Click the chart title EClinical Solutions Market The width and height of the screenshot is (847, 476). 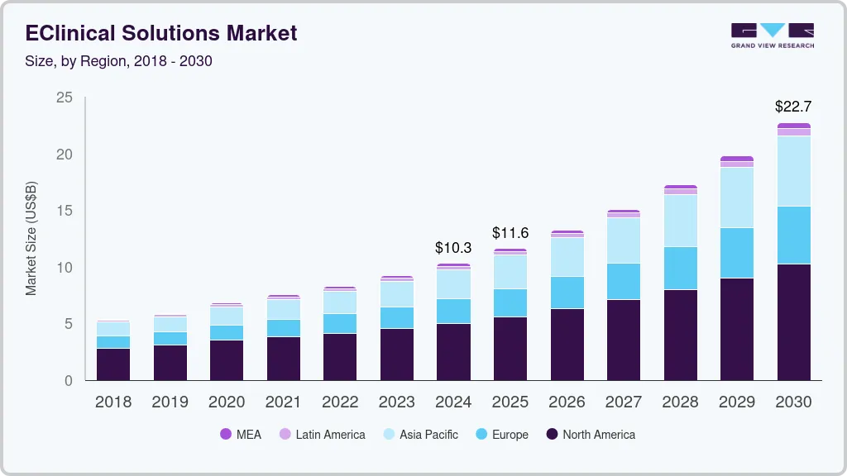pos(161,34)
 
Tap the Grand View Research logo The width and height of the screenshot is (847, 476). pos(773,36)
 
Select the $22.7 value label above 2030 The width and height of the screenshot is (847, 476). pos(793,107)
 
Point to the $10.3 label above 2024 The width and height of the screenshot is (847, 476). pos(453,247)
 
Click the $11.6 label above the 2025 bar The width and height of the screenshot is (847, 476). pos(510,233)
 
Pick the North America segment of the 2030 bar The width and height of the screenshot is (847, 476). pos(793,322)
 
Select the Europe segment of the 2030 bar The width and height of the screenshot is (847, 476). pos(793,235)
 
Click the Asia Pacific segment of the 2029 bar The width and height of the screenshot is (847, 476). pos(736,198)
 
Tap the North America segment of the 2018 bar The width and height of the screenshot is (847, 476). pos(113,364)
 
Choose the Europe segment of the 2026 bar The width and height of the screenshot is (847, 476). pos(567,293)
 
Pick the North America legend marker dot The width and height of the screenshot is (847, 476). pos(552,435)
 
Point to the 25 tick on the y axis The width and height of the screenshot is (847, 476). pos(65,98)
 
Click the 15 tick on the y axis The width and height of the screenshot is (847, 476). pos(65,212)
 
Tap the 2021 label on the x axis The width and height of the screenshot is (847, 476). pos(284,402)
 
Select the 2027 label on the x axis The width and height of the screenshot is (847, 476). pos(624,402)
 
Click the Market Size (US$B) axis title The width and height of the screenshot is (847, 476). pos(31,240)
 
